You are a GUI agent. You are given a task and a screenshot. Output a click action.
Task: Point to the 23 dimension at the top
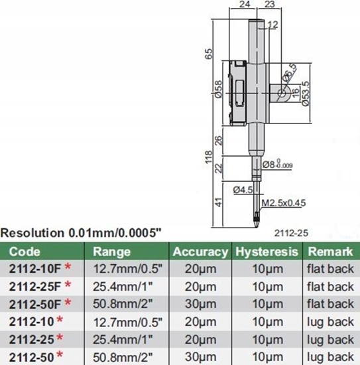pos(269,5)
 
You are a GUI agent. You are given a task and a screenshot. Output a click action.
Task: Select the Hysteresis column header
pos(265,252)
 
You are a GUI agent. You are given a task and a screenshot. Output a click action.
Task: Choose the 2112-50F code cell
pos(34,303)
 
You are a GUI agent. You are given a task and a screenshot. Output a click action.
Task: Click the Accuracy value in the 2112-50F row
pos(200,303)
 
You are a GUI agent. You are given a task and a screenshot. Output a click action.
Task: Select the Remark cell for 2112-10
pos(330,321)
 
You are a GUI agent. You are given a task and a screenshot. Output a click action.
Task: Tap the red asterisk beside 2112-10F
pos(68,269)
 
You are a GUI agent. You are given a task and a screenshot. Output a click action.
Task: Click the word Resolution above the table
pos(32,234)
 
